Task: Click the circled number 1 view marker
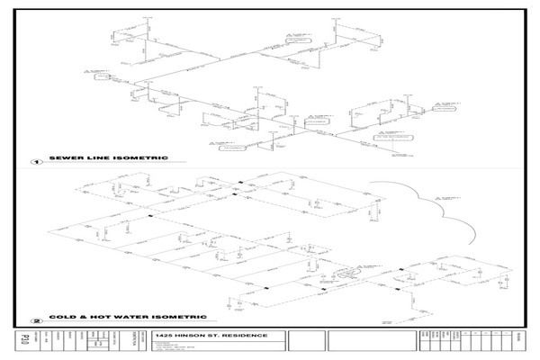pos(37,163)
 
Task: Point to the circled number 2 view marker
pos(37,319)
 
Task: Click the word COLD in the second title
pos(60,317)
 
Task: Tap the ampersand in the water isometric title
pos(77,317)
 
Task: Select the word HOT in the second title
pos(90,317)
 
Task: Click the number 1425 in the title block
pos(166,336)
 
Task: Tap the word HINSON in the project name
pos(192,336)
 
